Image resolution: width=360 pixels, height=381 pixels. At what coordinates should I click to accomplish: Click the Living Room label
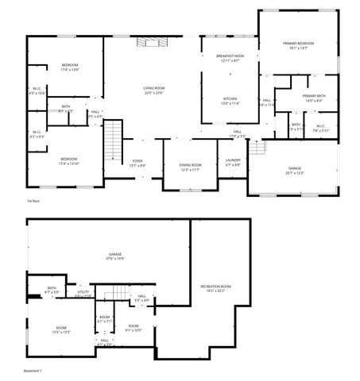(153, 88)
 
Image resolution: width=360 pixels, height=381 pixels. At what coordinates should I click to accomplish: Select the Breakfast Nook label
(230, 56)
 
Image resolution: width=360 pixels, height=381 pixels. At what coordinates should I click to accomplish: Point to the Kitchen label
(230, 98)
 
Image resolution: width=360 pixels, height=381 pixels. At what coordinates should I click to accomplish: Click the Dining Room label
(190, 165)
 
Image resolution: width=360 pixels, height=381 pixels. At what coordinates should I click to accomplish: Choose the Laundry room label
(233, 160)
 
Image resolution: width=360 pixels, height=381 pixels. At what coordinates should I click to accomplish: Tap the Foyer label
(137, 161)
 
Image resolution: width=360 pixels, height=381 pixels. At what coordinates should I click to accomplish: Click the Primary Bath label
(312, 96)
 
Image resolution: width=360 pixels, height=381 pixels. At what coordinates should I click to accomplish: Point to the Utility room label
(83, 292)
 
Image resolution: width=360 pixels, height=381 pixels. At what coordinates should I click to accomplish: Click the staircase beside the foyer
(114, 139)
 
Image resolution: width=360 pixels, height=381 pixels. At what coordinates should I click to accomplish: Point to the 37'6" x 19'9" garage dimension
(115, 259)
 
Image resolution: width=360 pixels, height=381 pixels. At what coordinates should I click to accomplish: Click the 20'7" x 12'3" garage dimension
(294, 173)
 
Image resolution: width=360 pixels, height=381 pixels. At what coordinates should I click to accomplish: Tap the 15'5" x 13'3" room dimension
(61, 332)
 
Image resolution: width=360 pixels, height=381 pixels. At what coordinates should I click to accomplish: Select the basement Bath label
(52, 288)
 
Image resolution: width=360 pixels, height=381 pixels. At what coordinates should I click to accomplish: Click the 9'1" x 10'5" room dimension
(134, 330)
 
